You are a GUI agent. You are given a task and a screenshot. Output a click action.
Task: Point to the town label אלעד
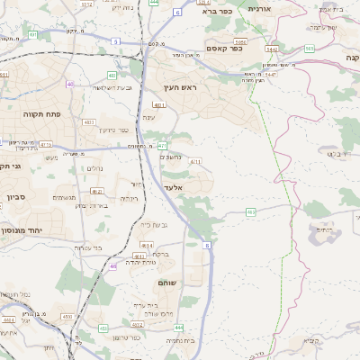click(x=173, y=186)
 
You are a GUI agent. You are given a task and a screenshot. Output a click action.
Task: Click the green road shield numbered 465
click(x=250, y=212)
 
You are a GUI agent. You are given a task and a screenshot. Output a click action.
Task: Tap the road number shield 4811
click(x=157, y=105)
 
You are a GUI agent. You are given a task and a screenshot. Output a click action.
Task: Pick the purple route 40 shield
click(x=69, y=84)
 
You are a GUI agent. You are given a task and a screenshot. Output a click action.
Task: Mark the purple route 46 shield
click(x=114, y=266)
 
